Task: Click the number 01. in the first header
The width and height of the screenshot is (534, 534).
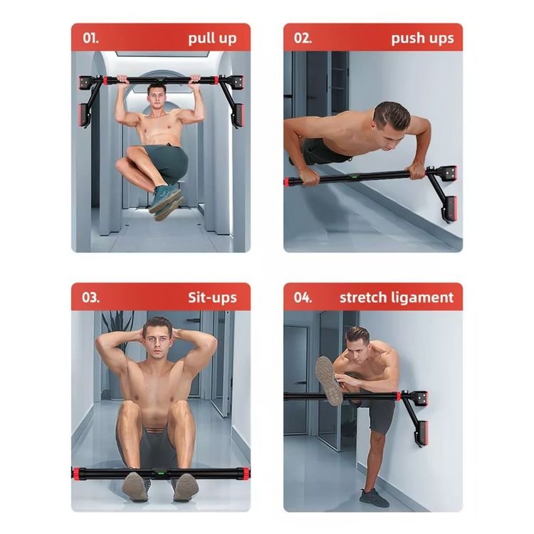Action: tap(90, 38)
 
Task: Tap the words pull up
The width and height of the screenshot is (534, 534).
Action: tap(212, 38)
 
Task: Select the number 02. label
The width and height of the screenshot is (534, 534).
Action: tap(303, 38)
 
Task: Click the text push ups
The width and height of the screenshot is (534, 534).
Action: tap(422, 38)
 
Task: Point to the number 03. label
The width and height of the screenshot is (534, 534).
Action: tap(90, 298)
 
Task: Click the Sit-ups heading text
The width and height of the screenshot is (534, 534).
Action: tap(212, 298)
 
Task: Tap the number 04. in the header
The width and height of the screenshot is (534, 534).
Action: tap(303, 298)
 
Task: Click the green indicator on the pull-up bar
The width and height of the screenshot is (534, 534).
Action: tap(159, 81)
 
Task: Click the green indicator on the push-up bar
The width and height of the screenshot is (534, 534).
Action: tap(355, 177)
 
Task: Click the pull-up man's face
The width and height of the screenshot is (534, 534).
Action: tap(157, 98)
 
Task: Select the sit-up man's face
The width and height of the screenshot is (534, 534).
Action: tap(157, 340)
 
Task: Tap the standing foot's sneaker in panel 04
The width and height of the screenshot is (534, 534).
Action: tap(374, 498)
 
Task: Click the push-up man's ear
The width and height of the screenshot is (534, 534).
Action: tap(377, 127)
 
